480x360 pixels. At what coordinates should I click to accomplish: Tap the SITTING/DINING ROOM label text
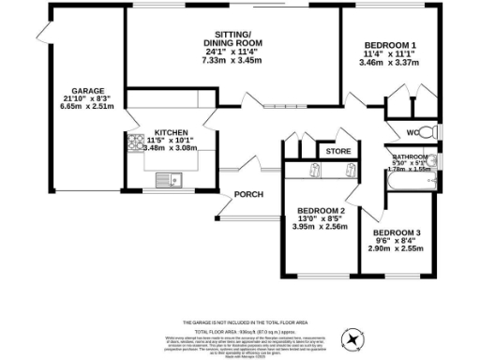[234, 39]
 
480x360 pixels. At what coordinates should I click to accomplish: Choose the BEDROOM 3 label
[397, 232]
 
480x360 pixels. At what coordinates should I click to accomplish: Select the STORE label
[337, 151]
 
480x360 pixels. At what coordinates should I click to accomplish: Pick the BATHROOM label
[410, 157]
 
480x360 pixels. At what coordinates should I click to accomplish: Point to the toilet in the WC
[427, 131]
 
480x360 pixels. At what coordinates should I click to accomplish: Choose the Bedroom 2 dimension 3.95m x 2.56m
[321, 226]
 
